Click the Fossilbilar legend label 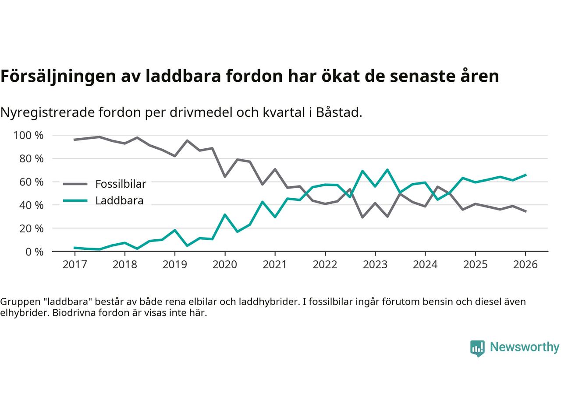click(121, 184)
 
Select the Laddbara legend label click(119, 201)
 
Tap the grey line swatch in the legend click(75, 184)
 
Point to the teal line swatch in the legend click(75, 201)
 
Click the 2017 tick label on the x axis click(75, 265)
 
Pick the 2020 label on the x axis click(225, 265)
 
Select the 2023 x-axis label click(375, 265)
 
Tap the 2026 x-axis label click(525, 265)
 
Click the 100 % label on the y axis click(28, 136)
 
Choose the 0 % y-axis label click(35, 252)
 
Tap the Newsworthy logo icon click(477, 348)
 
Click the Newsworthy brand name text click(524, 347)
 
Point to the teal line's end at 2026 click(525, 175)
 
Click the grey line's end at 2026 click(525, 211)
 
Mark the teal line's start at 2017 click(75, 248)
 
